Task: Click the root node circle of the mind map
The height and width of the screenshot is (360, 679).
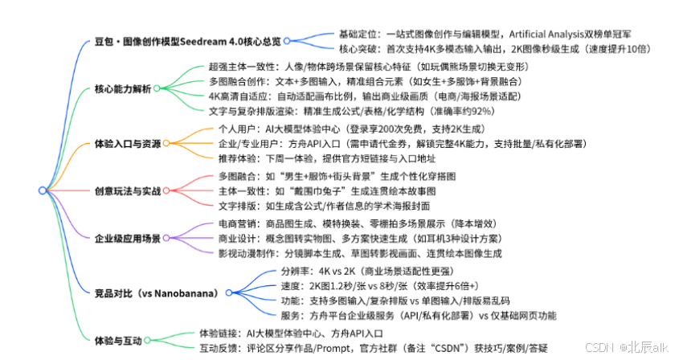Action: (x=42, y=190)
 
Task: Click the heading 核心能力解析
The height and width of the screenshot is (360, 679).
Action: (x=122, y=88)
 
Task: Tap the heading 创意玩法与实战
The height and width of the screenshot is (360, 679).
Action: (x=129, y=191)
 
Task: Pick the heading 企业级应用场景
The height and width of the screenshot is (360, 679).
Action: (x=129, y=238)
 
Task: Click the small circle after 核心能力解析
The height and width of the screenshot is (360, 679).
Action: (x=156, y=88)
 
